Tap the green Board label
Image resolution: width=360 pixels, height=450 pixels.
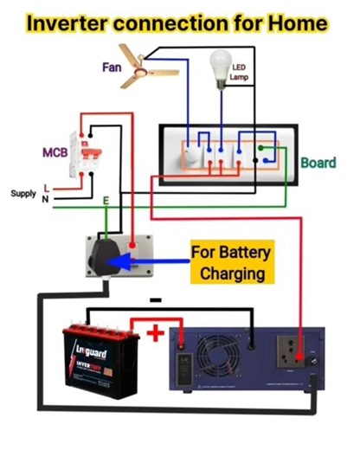point(318,163)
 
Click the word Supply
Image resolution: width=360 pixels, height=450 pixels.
point(22,193)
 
